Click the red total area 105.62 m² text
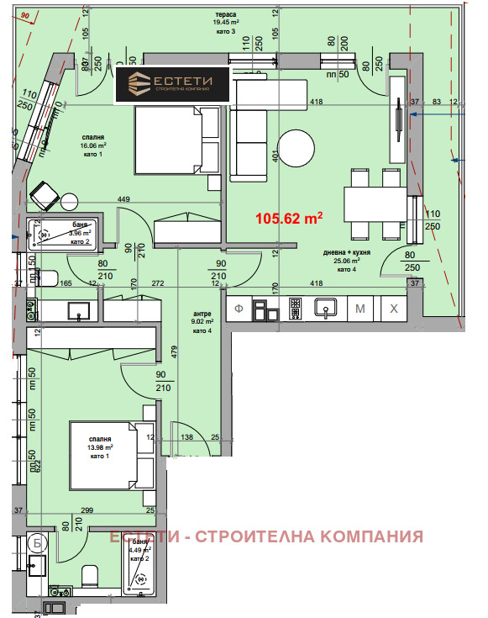pyautogui.click(x=289, y=218)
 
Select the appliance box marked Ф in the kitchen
pyautogui.click(x=239, y=309)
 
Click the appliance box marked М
pyautogui.click(x=359, y=309)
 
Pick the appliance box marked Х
pyautogui.click(x=393, y=309)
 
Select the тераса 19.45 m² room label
pyautogui.click(x=224, y=22)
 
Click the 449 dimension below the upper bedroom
pyautogui.click(x=123, y=199)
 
